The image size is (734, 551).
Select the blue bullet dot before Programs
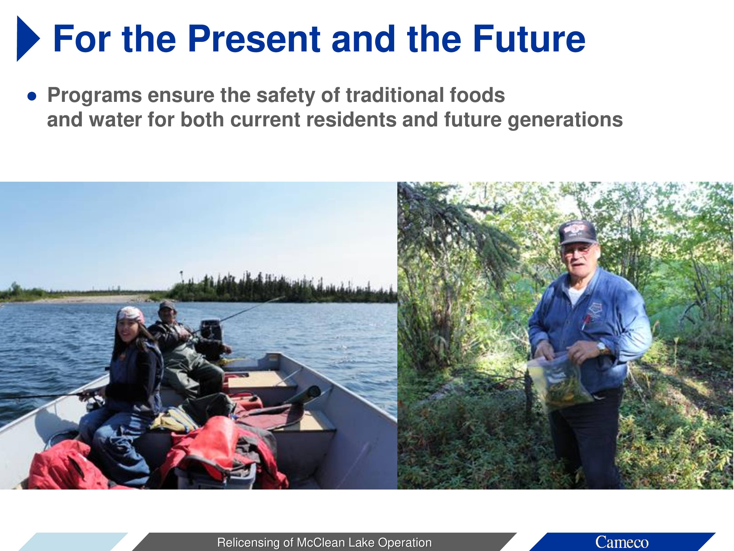pyautogui.click(x=32, y=96)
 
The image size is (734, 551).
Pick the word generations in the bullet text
pyautogui.click(x=565, y=120)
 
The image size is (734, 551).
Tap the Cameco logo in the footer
pyautogui.click(x=621, y=542)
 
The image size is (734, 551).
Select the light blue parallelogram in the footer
pyautogui.click(x=73, y=542)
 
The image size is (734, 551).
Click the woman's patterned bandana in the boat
pyautogui.click(x=130, y=314)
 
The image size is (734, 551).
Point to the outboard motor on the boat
pyautogui.click(x=211, y=329)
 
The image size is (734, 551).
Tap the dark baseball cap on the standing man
pyautogui.click(x=578, y=232)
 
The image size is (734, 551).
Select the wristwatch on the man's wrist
pyautogui.click(x=601, y=348)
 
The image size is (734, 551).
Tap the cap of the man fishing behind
pyautogui.click(x=167, y=305)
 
